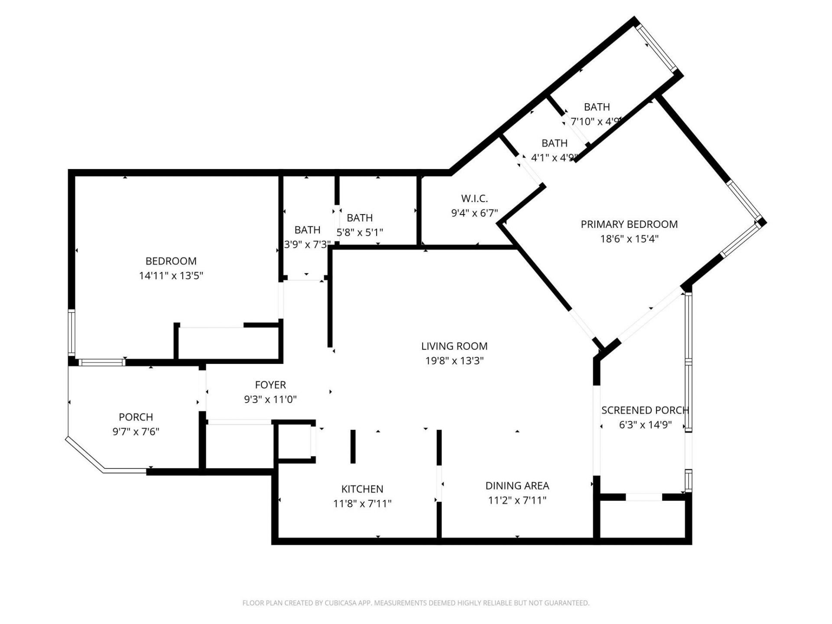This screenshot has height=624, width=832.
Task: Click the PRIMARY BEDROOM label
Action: [x=629, y=224]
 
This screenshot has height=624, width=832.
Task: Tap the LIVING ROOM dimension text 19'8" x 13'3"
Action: [x=454, y=361]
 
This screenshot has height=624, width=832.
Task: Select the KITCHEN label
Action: [x=362, y=489]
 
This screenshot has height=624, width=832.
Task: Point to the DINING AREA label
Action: [x=517, y=486]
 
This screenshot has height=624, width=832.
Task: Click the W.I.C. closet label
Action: [x=474, y=198]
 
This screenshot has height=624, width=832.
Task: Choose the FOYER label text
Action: [x=270, y=385]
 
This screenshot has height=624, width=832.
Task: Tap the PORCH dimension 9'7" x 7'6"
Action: [x=136, y=432]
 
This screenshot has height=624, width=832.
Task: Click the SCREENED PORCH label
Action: [x=644, y=410]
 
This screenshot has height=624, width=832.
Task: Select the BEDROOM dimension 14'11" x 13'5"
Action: [x=171, y=276]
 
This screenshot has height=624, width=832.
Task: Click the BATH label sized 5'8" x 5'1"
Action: [x=359, y=218]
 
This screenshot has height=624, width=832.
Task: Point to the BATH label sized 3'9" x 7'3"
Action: [x=307, y=230]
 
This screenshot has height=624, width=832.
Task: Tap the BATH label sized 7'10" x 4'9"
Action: [x=597, y=107]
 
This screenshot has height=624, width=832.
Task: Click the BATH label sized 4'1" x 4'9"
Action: [x=554, y=143]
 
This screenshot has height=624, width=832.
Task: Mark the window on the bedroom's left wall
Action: [x=71, y=332]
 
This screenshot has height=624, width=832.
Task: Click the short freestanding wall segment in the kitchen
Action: [x=353, y=446]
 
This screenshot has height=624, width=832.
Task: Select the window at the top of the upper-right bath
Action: [x=656, y=48]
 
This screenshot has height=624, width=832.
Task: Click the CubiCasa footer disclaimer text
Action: [x=416, y=603]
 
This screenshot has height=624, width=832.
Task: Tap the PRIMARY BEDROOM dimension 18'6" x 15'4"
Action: [x=629, y=239]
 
